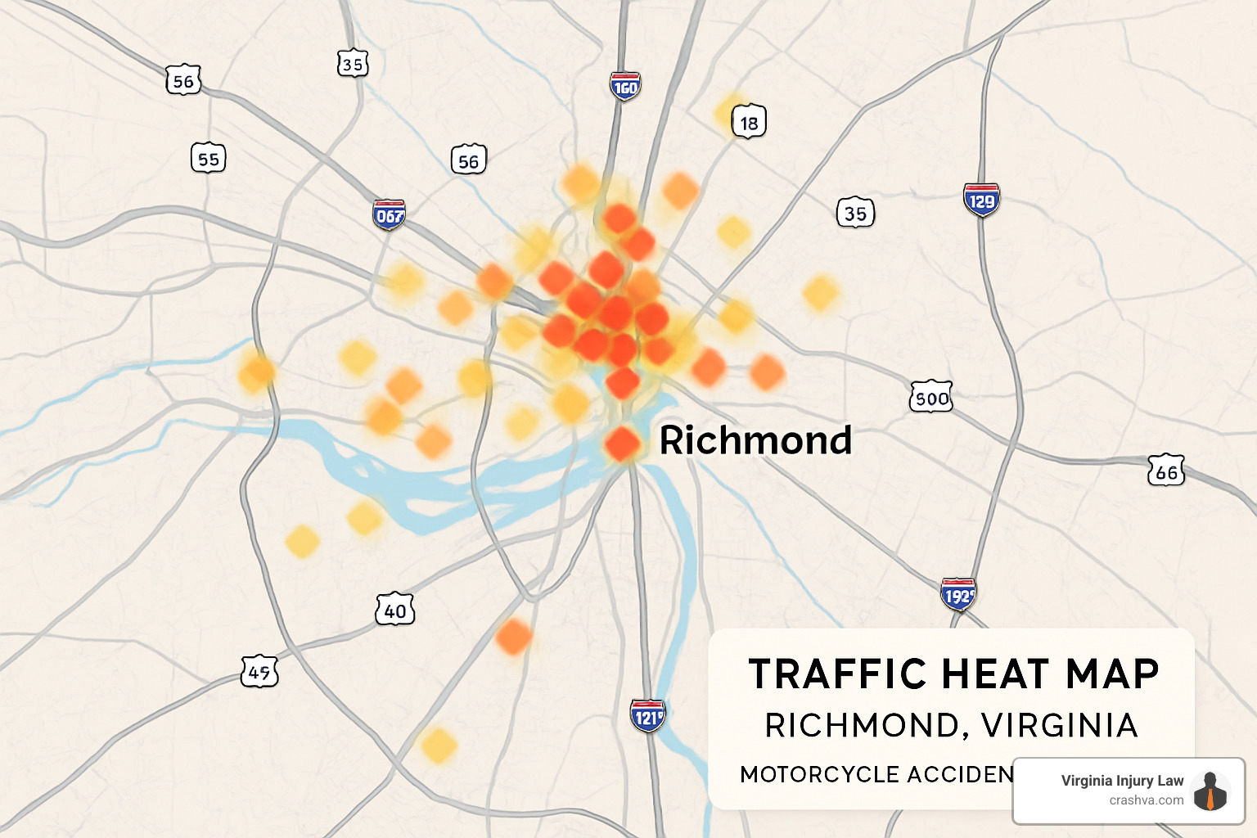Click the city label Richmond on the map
point(755,440)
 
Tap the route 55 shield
point(209,158)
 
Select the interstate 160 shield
point(624,86)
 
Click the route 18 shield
point(749,123)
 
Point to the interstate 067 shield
point(390,215)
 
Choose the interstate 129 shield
point(981,200)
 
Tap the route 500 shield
point(931,398)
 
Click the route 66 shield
point(1166,471)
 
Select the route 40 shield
point(395,610)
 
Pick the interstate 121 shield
point(648,716)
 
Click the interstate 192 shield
point(958,595)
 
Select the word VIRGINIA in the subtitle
point(1059,725)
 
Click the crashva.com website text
point(1146,800)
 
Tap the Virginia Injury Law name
point(1122,781)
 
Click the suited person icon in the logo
point(1210,791)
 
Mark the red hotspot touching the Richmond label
point(623,444)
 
